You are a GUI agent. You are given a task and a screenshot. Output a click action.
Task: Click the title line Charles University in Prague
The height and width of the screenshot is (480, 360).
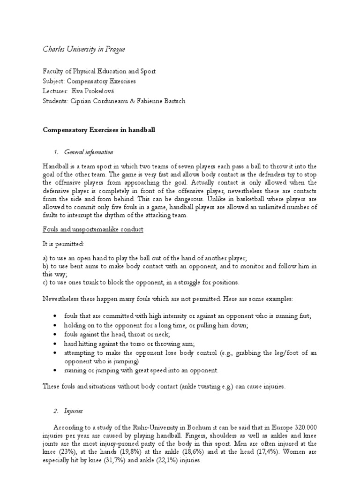(x=84, y=49)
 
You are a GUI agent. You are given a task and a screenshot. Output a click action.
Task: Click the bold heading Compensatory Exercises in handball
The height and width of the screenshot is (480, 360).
(x=98, y=130)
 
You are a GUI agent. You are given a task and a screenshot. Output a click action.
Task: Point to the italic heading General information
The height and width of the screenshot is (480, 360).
(x=90, y=152)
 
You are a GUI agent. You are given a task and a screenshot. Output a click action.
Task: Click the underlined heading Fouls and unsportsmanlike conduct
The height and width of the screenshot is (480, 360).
(x=93, y=229)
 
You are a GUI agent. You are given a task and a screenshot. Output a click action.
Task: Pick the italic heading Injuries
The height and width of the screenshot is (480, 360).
(x=74, y=411)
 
